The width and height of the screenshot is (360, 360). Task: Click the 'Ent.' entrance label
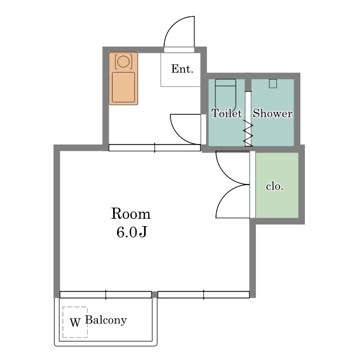[x=182, y=69]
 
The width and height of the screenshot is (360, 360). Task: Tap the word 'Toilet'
[x=227, y=113]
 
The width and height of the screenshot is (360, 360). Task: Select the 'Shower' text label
[x=272, y=113]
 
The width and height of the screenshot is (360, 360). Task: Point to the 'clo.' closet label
[x=274, y=186]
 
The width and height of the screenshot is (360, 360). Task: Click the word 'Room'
[x=131, y=214]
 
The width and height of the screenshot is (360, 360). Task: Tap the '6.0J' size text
[x=131, y=232]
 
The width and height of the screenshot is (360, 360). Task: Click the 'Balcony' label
[x=106, y=320]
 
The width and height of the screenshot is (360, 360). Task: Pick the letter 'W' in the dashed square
[x=75, y=322]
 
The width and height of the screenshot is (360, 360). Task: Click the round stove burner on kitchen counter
[x=123, y=61]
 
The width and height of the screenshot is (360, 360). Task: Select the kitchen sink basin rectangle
[x=123, y=87]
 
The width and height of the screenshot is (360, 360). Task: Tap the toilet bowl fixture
[x=226, y=94]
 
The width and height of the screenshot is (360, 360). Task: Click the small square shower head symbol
[x=273, y=84]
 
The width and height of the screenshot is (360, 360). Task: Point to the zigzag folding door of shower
[x=248, y=133]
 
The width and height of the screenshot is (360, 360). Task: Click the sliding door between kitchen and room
[x=155, y=147]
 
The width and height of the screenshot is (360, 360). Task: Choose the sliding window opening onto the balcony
[x=106, y=295]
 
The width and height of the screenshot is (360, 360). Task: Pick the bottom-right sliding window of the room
[x=204, y=295]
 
